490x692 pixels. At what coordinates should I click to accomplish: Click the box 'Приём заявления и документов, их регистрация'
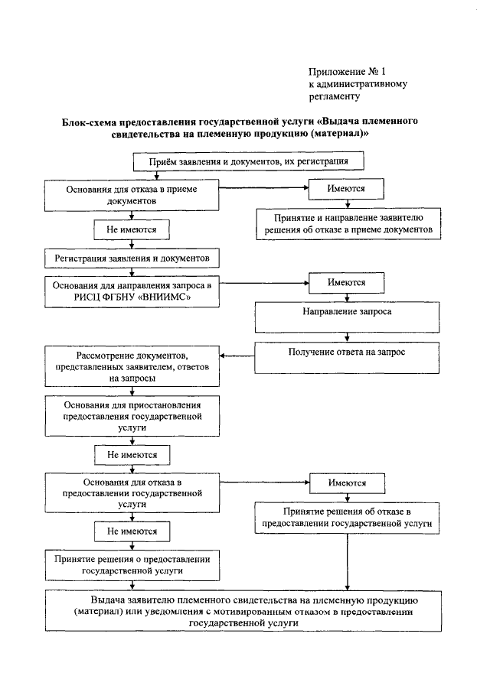pyautogui.click(x=248, y=162)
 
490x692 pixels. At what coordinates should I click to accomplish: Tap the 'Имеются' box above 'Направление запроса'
pyautogui.click(x=346, y=282)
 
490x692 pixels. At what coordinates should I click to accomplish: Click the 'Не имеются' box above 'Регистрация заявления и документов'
pyautogui.click(x=132, y=229)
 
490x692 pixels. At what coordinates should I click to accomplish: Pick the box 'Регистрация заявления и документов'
pyautogui.click(x=132, y=258)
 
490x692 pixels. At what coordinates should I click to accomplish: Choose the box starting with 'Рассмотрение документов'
pyautogui.click(x=132, y=368)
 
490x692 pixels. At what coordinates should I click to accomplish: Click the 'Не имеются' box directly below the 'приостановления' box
pyautogui.click(x=132, y=455)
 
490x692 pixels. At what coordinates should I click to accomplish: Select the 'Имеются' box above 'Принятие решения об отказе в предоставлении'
pyautogui.click(x=348, y=484)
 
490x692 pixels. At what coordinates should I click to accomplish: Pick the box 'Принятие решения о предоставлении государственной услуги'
pyautogui.click(x=132, y=564)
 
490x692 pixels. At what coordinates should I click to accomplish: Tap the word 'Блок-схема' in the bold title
pyautogui.click(x=87, y=122)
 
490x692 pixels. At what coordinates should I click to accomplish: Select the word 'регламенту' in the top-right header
pyautogui.click(x=334, y=97)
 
